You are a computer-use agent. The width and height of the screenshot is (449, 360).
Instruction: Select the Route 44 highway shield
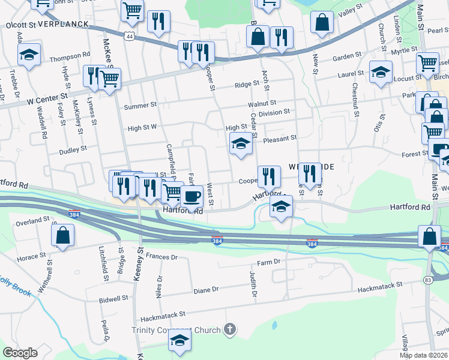tap(129, 37)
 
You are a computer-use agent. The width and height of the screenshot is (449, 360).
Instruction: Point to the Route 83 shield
tap(427, 280)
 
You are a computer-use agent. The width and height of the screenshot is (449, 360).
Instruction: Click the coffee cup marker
tap(191, 196)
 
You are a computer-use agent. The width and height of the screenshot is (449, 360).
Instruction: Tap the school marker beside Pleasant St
tap(240, 144)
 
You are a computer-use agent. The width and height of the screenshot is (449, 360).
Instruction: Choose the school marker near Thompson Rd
tap(28, 55)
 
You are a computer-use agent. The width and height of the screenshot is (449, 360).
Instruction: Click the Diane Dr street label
tap(206, 290)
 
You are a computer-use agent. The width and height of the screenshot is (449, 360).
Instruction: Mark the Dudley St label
tap(73, 147)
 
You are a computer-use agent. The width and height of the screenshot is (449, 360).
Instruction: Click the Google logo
tap(20, 352)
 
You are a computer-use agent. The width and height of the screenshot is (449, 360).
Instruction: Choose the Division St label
tap(274, 112)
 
